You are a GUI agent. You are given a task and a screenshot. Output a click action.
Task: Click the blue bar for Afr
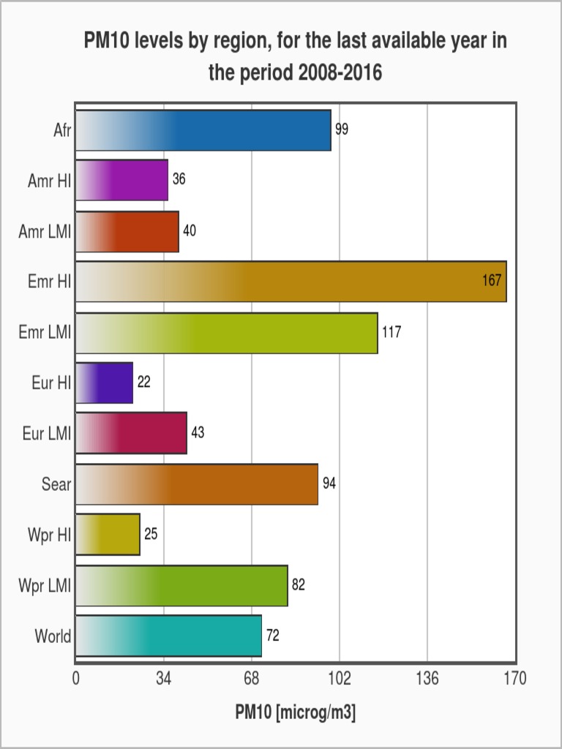point(203,130)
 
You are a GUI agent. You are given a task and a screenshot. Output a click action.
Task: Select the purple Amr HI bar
point(122,180)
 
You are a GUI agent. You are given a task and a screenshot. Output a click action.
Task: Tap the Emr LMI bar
point(227,333)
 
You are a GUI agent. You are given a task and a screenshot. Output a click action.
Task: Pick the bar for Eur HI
point(105,383)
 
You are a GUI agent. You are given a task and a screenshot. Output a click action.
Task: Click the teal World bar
point(169,636)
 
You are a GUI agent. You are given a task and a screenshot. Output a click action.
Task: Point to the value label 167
point(492,282)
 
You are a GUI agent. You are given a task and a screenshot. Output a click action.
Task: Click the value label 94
point(329,483)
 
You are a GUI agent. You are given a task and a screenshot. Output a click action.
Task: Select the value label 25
point(151,534)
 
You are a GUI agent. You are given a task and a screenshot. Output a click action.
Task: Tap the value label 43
point(198,433)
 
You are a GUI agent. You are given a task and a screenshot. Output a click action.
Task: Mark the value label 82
point(299,584)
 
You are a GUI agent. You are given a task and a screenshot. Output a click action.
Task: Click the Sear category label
point(56,483)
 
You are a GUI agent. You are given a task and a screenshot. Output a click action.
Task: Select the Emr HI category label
point(50,282)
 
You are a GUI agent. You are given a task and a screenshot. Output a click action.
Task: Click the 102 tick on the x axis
point(340,680)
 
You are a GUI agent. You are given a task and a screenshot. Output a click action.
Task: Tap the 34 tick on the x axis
point(164,680)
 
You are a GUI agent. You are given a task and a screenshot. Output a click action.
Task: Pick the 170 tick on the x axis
point(515,680)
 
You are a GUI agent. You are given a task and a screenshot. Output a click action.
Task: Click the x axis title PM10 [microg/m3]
point(296,714)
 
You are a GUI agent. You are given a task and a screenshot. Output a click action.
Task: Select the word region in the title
point(241,42)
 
